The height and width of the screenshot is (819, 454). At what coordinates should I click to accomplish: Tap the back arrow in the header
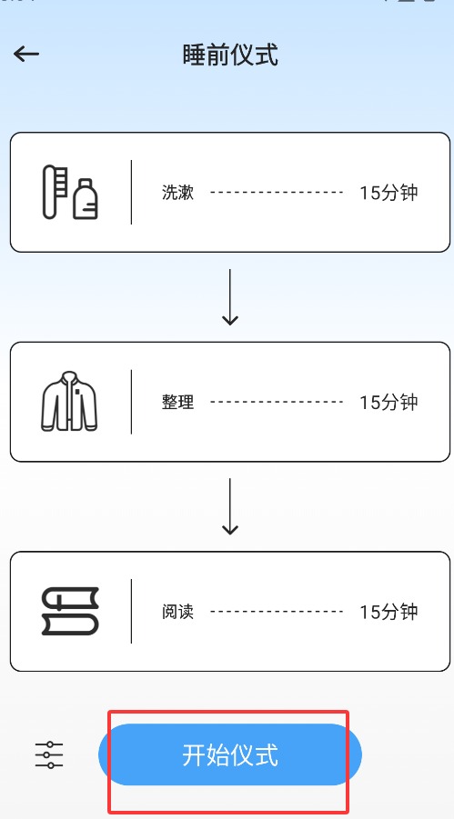click(26, 54)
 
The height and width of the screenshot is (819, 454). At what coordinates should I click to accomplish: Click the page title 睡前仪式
click(230, 55)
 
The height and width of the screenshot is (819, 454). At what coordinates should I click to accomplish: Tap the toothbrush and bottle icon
click(70, 192)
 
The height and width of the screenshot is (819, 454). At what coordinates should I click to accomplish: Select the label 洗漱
click(177, 193)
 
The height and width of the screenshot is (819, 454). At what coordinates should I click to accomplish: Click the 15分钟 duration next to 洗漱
click(388, 193)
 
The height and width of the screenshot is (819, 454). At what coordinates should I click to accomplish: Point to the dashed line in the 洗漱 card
click(277, 192)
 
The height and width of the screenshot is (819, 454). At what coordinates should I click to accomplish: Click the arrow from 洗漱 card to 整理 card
click(230, 297)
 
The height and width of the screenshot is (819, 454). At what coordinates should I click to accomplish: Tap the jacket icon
click(69, 401)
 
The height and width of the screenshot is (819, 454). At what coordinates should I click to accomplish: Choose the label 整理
click(177, 402)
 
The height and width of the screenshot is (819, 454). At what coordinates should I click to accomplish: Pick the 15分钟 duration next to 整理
click(388, 402)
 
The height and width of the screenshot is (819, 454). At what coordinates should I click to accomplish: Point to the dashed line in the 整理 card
click(277, 402)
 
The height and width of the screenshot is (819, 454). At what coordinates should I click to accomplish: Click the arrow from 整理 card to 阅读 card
click(230, 506)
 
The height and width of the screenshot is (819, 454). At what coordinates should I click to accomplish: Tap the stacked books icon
click(70, 611)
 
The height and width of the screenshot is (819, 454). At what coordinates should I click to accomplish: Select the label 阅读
click(177, 612)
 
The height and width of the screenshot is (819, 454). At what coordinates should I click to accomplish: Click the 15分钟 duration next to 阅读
click(388, 612)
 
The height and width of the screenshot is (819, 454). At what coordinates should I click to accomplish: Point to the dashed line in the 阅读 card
click(277, 611)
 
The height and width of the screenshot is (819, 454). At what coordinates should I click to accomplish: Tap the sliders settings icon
click(49, 754)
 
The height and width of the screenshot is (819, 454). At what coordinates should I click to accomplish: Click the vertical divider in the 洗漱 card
click(131, 192)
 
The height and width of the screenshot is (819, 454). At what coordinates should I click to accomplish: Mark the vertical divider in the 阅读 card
click(131, 611)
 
